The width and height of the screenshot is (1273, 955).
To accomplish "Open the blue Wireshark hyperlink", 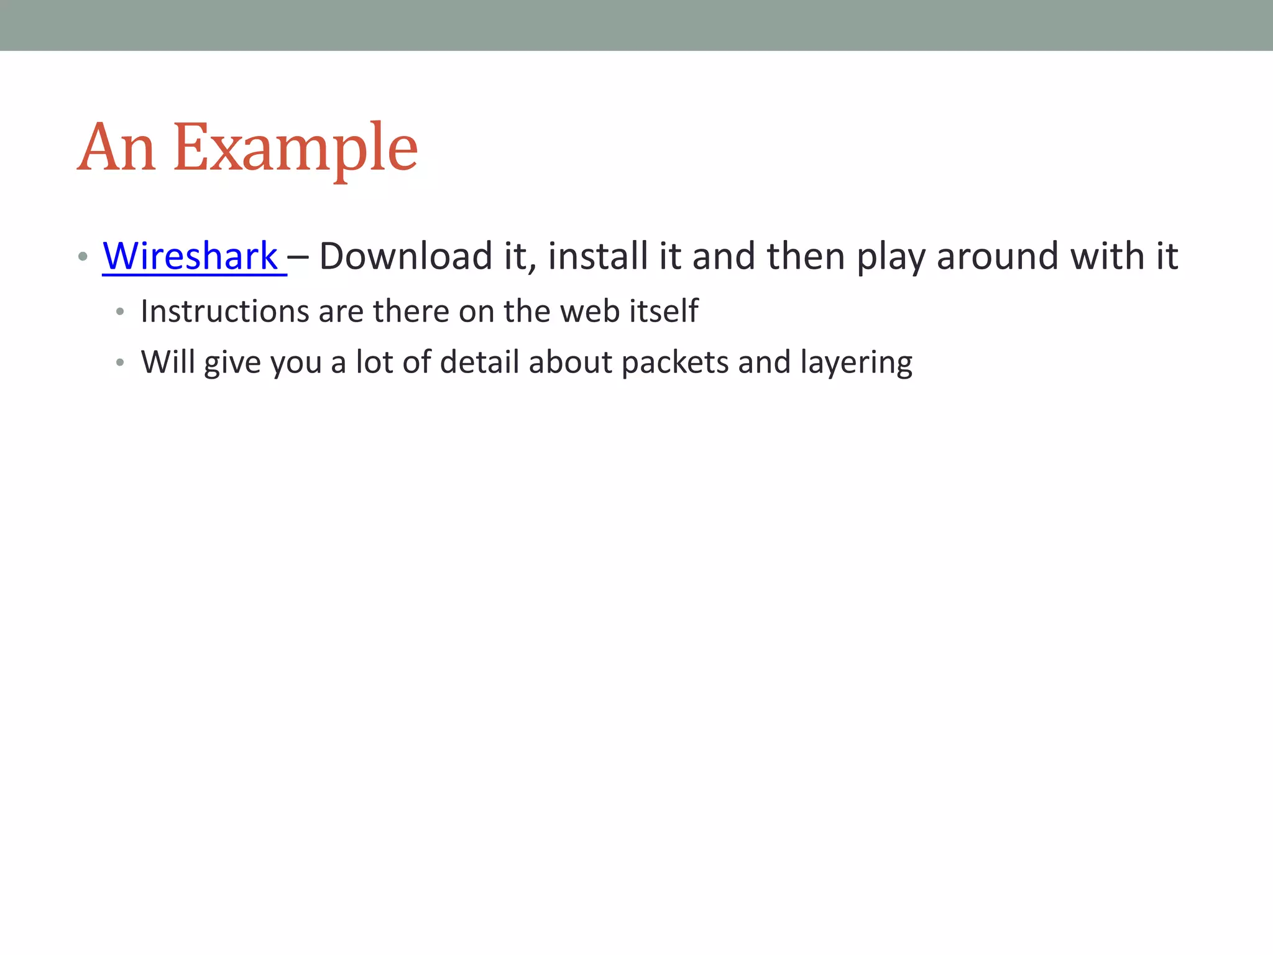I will (190, 256).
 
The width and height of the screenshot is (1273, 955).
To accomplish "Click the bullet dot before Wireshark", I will (83, 257).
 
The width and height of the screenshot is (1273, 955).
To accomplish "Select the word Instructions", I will (224, 311).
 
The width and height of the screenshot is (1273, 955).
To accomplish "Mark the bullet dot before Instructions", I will (120, 311).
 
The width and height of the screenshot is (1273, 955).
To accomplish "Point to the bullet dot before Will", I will (120, 362).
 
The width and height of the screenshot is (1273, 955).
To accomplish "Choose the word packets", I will (674, 362).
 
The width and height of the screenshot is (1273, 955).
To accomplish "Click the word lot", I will (374, 362).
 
